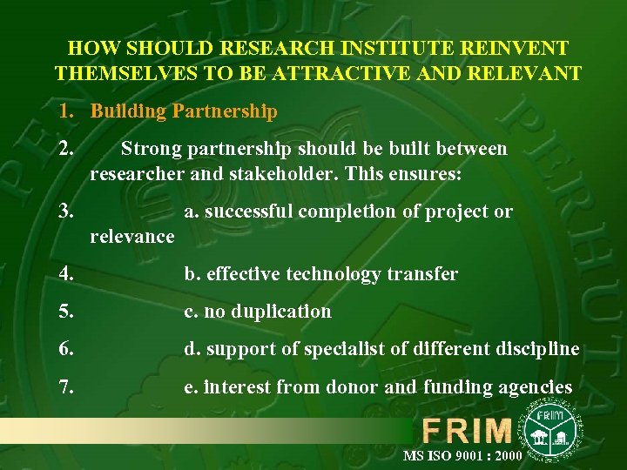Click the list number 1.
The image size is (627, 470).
(x=64, y=111)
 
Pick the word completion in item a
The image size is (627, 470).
(x=358, y=211)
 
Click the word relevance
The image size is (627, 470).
(x=132, y=236)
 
